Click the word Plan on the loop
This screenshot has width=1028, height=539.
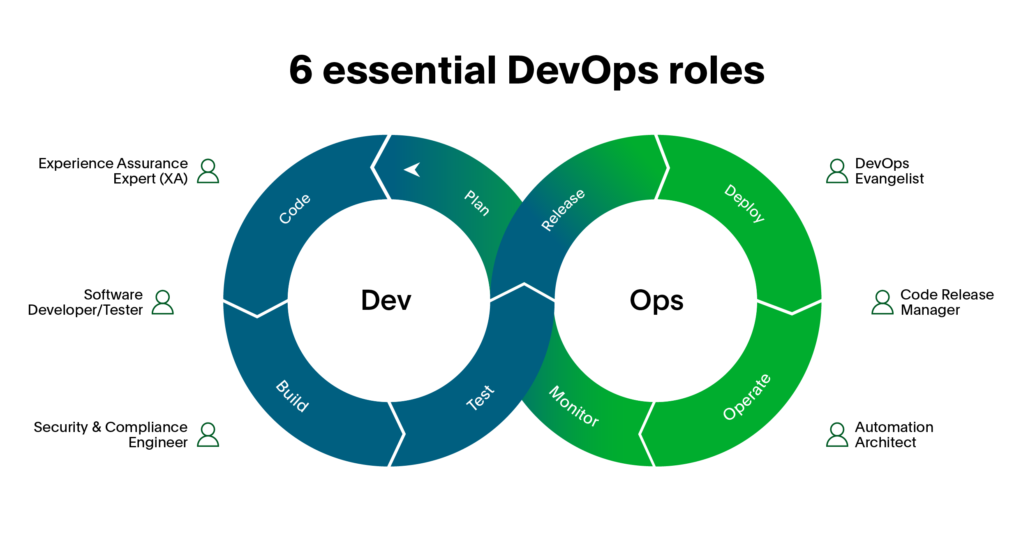point(477,203)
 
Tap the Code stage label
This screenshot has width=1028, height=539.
point(295,209)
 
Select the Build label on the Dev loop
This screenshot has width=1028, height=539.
point(292,396)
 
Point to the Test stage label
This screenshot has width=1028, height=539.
point(480,398)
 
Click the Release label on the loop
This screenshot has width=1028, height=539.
point(563,210)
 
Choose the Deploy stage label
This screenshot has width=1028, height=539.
point(744,203)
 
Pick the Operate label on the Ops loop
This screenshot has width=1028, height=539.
point(747,397)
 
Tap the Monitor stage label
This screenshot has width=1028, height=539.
point(574,407)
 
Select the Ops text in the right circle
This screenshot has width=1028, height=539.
point(656,301)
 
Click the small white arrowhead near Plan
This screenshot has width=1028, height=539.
point(412,170)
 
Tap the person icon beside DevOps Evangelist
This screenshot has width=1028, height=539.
point(837,171)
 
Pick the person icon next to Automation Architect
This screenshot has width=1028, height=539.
point(837,435)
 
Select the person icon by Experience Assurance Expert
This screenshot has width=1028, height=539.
point(208,171)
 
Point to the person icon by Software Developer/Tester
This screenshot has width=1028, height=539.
point(163,302)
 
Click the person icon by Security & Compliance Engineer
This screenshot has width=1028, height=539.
point(208,435)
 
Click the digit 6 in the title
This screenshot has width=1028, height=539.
point(301,70)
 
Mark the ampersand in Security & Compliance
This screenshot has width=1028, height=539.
point(97,427)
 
